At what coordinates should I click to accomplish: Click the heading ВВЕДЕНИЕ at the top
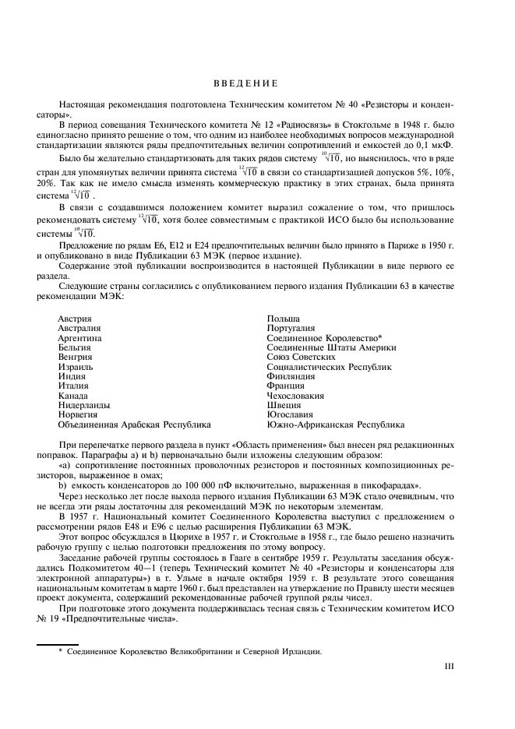[x=245, y=83]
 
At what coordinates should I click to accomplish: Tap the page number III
[x=448, y=666]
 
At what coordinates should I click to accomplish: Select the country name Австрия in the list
[x=75, y=319]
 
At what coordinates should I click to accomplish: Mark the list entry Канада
[x=72, y=396]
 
